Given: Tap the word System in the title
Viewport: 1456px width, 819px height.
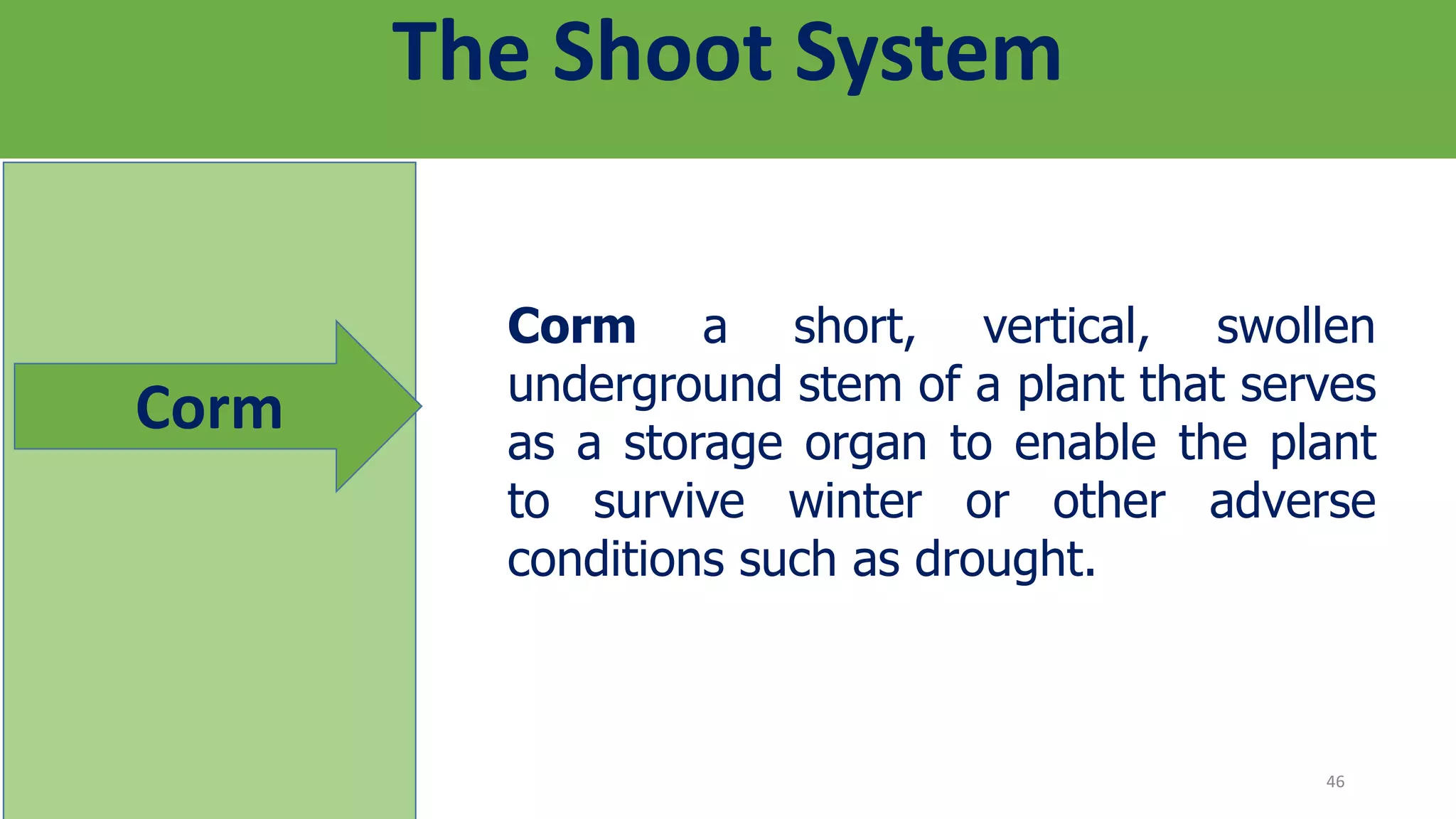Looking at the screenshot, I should click(928, 53).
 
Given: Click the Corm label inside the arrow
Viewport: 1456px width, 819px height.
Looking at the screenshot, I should click(209, 409).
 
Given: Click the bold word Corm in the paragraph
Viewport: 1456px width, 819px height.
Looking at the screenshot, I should click(572, 327).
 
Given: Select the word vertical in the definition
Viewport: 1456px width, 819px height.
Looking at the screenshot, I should click(1065, 327).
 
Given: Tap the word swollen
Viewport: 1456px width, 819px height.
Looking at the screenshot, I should click(1295, 327).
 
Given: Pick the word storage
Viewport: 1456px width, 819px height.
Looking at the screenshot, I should click(703, 444).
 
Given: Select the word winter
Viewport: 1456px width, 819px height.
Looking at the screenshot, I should click(855, 502).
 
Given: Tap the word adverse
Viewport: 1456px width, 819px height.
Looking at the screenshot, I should click(1292, 502).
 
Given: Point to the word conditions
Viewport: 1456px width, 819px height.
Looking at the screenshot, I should click(616, 560).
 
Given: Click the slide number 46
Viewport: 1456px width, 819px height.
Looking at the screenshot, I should click(1335, 782).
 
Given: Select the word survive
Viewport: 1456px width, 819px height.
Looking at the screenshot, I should click(668, 502).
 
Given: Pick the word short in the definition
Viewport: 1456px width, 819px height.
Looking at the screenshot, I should click(853, 327).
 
